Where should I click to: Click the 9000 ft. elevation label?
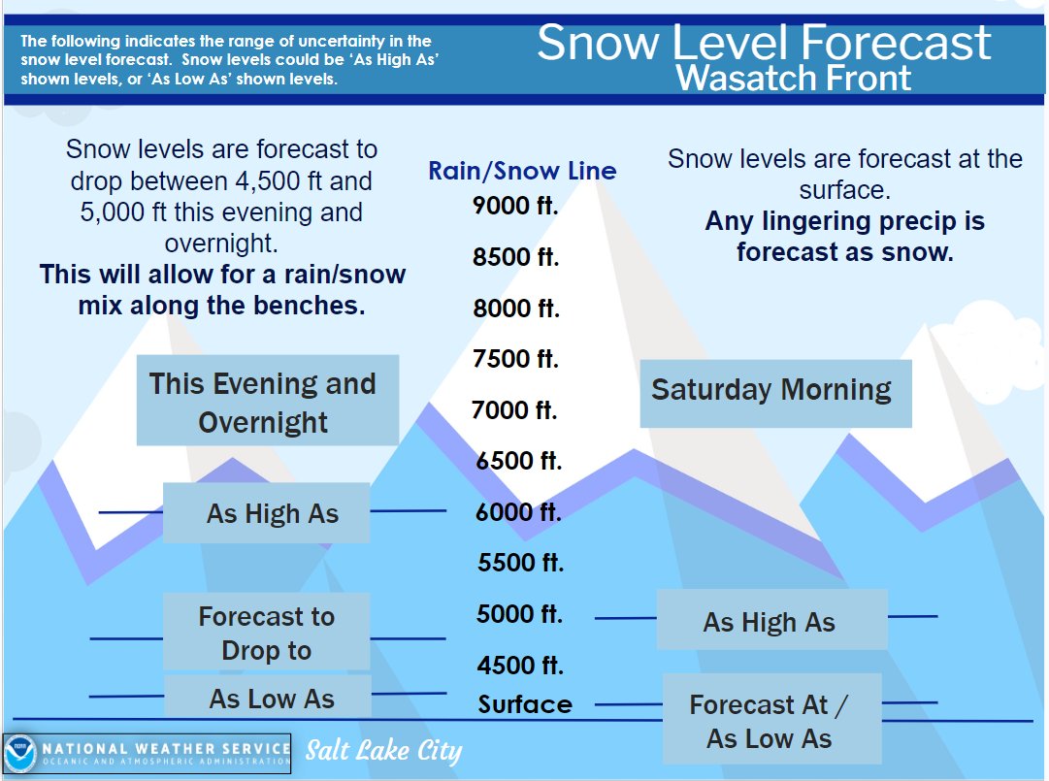coord(516,206)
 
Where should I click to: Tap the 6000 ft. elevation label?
coord(518,512)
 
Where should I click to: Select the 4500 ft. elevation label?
coord(520,666)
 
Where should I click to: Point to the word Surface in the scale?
coord(525,704)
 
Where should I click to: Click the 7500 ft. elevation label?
coord(516,359)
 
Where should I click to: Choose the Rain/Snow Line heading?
coord(522,172)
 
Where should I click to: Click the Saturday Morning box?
coord(774,392)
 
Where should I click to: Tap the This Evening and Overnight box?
coord(264,402)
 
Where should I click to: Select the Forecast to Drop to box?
coord(266,633)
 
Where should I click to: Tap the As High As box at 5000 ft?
coord(770,622)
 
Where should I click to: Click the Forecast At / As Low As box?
coord(770,721)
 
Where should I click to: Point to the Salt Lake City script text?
coord(384,751)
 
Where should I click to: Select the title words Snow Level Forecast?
coord(764,43)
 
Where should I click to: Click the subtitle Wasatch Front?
coord(794,78)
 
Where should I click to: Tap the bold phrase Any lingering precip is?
coord(844,221)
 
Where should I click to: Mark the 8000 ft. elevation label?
coord(516,309)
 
